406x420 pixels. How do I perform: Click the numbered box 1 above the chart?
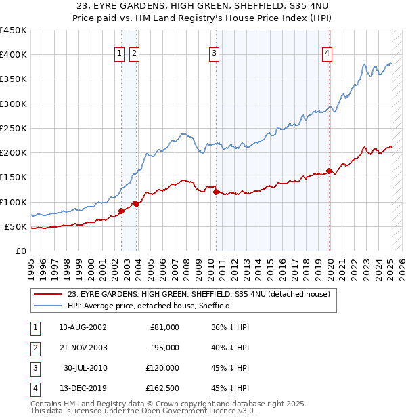point(119,54)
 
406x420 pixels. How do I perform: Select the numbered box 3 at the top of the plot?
point(214,54)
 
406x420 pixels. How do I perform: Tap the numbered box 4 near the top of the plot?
point(327,54)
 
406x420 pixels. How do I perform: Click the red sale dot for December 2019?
point(330,171)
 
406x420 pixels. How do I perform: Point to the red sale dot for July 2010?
point(216,192)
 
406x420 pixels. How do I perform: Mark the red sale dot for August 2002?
point(122,211)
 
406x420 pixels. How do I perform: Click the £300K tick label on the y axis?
point(13,104)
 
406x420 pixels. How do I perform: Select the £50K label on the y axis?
point(16,226)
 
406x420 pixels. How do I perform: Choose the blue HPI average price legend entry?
point(149,306)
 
